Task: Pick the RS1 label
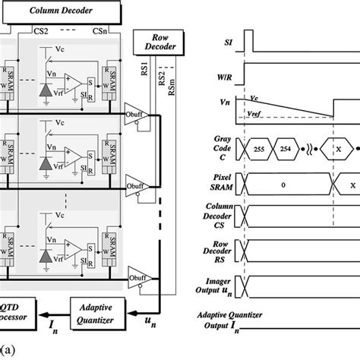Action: [149, 73]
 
